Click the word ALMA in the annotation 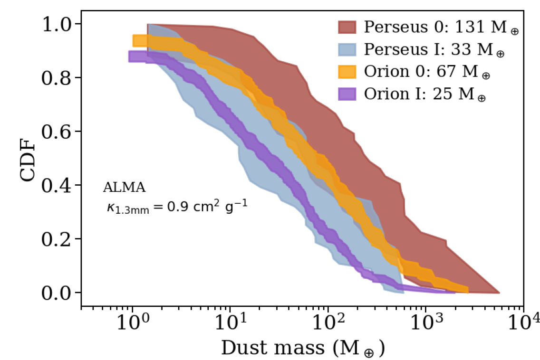(124, 188)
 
